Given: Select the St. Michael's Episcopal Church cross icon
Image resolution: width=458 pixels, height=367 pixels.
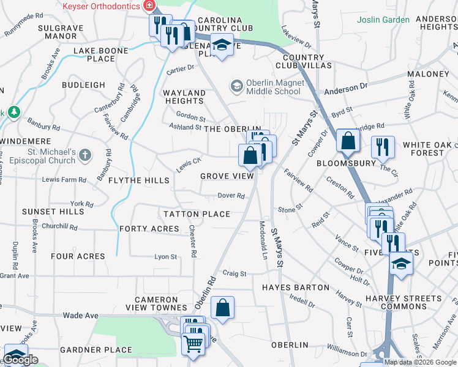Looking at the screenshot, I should pyautogui.click(x=84, y=155).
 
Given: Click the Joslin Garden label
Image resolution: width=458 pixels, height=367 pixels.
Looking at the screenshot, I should pyautogui.click(x=383, y=20).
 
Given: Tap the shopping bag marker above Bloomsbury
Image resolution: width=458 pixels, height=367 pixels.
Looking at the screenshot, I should pyautogui.click(x=348, y=141).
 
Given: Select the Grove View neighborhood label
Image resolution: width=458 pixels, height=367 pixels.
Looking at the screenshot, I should pyautogui.click(x=227, y=176).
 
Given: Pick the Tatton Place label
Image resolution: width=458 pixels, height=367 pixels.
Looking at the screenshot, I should pyautogui.click(x=197, y=214).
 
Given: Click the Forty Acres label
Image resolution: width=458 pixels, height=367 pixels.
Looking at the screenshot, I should pyautogui.click(x=149, y=229).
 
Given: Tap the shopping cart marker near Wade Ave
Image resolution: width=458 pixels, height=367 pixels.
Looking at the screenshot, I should pyautogui.click(x=193, y=344).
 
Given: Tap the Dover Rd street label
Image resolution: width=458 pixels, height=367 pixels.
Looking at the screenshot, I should pyautogui.click(x=232, y=196).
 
